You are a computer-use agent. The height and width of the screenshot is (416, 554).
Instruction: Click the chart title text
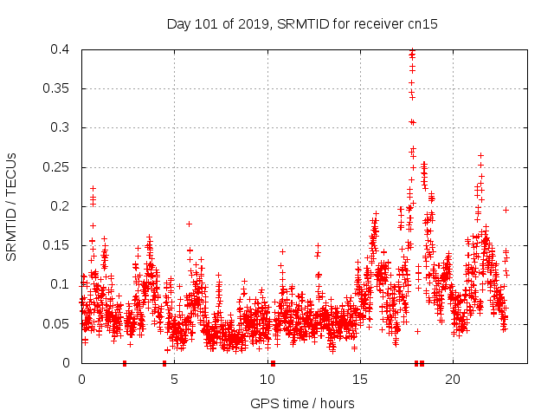tap(302, 24)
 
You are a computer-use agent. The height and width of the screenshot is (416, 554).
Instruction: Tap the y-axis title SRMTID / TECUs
tap(12, 206)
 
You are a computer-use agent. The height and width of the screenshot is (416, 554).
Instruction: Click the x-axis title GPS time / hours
tap(302, 403)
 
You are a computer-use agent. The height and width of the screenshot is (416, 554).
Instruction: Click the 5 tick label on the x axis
tap(174, 380)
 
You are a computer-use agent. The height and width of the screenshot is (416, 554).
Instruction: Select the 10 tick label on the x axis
tap(267, 380)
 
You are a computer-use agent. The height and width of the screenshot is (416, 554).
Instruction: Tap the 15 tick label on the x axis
tap(359, 380)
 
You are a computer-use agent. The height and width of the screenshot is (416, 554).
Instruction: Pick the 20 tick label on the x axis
tap(452, 380)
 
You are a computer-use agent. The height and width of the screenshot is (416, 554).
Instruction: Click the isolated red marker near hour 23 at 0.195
tap(506, 210)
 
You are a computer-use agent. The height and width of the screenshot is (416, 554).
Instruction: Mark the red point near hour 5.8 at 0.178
tap(189, 224)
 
